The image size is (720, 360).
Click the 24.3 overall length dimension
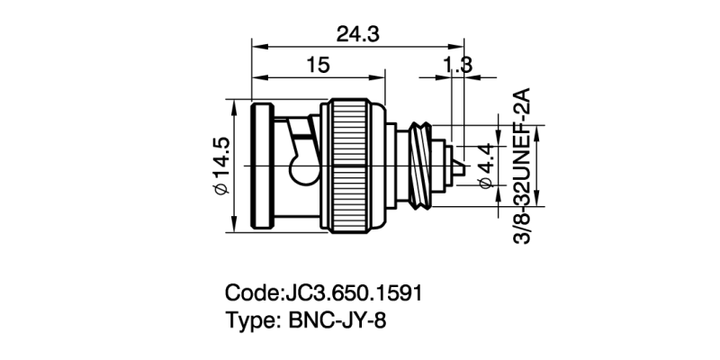pos(357,34)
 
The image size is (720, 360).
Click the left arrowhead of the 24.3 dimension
pos(256,46)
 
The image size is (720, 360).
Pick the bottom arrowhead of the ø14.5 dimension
pos(236,226)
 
